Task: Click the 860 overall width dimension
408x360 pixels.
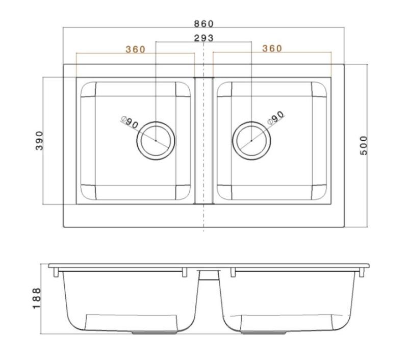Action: click(203, 23)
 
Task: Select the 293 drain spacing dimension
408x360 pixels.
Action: click(203, 38)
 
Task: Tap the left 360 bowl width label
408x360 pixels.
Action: click(135, 49)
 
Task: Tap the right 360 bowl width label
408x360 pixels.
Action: click(272, 48)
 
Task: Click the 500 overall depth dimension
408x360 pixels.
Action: click(364, 146)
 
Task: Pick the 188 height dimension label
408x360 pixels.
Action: click(37, 298)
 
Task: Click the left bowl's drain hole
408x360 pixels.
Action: click(155, 140)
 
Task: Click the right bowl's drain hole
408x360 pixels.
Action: click(251, 140)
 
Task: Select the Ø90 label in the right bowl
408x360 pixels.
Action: click(275, 118)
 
